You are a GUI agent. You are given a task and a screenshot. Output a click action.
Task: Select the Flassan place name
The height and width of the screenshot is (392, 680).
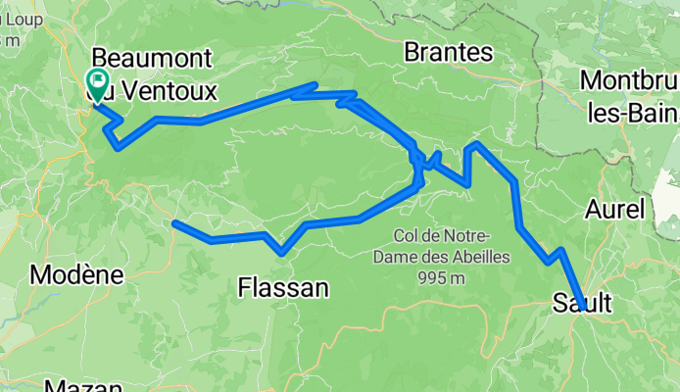tap(284, 287)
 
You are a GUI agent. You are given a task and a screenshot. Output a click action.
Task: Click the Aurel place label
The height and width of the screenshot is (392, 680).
tap(615, 209)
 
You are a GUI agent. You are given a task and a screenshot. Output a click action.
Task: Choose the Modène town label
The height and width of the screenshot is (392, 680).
tap(77, 275)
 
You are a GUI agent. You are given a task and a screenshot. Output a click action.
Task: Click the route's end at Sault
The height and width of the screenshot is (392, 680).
tap(583, 309)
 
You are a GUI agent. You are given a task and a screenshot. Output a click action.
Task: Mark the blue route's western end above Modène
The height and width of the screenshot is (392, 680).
tap(174, 223)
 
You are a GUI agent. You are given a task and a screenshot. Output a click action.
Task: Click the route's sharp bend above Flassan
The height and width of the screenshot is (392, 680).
tap(282, 253)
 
